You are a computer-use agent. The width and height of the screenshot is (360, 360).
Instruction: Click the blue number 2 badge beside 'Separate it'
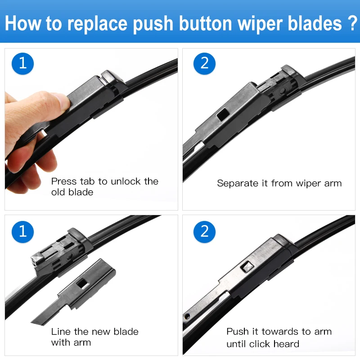point(204,63)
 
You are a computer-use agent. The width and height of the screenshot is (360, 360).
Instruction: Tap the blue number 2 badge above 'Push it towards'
point(204,231)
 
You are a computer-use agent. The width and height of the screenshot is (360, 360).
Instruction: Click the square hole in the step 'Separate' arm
point(222,116)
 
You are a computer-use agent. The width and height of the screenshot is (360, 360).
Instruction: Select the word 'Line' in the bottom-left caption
point(60,332)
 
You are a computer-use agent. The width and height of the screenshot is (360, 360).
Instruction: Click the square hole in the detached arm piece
point(82,283)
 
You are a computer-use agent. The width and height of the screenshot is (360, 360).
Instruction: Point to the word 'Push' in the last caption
point(238,332)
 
